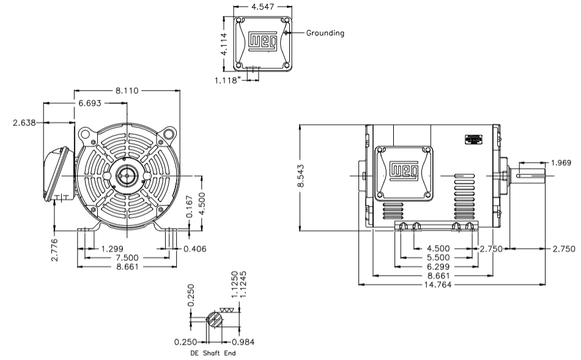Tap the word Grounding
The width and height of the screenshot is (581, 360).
325,33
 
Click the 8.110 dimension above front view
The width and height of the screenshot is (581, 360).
128,91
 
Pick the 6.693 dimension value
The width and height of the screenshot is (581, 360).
90,105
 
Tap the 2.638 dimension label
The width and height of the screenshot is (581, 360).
24,122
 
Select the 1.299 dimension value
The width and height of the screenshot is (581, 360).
113,249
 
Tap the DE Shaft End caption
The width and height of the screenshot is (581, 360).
210,353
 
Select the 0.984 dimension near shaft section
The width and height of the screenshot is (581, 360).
243,342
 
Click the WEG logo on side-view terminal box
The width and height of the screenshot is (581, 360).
404,170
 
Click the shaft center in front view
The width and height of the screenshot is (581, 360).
127,176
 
